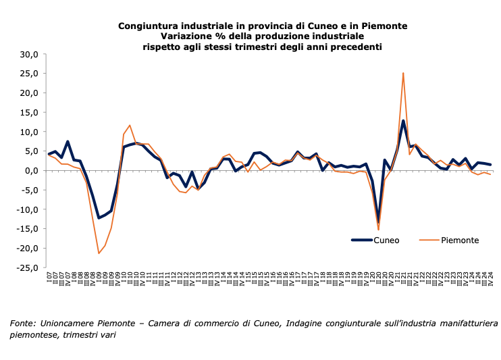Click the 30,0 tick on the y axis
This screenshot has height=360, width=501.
30,54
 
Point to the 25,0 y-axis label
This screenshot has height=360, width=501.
30,74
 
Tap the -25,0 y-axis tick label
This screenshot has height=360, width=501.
29,268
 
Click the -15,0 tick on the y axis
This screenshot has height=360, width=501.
29,229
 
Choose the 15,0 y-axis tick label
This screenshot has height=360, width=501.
30,112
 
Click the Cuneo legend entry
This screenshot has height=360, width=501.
386,240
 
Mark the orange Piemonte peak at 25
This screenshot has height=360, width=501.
403,73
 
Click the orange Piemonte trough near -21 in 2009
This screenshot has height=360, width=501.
99,253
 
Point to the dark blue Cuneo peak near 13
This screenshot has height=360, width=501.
403,121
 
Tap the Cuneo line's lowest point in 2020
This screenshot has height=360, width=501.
378,223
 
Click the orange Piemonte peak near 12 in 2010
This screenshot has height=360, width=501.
130,125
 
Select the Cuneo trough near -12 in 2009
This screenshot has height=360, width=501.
99,217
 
